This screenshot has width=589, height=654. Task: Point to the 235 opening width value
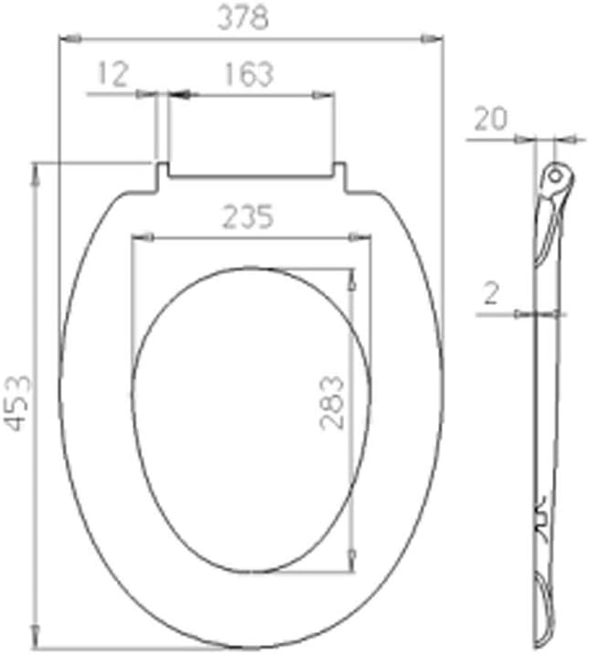pyautogui.click(x=248, y=218)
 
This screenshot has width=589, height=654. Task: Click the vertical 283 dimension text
pyautogui.click(x=332, y=402)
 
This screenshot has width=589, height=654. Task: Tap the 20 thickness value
pyautogui.click(x=490, y=120)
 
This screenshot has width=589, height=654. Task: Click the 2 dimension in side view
pyautogui.click(x=491, y=294)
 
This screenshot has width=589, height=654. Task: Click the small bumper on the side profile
pyautogui.click(x=541, y=510)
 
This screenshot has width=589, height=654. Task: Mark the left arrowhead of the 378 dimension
pyautogui.click(x=65, y=38)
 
